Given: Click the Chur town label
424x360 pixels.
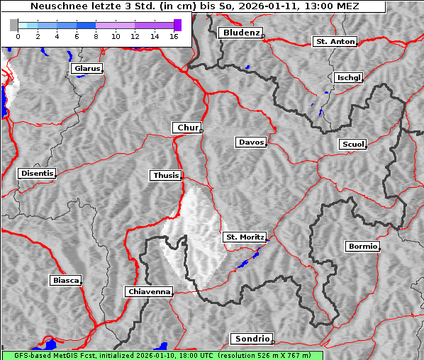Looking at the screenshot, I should (x=187, y=128).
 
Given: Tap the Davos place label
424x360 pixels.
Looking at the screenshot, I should (x=250, y=142).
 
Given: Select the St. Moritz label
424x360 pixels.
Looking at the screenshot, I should (x=244, y=237).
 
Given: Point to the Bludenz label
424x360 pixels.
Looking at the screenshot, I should (x=240, y=33).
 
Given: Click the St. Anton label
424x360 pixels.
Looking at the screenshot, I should (x=334, y=42).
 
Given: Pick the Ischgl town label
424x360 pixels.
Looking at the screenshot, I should (x=348, y=77).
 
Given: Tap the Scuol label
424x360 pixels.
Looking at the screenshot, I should (x=352, y=145).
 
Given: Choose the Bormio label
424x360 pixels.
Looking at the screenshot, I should (x=362, y=247).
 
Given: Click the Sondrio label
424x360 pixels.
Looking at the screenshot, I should (x=251, y=339).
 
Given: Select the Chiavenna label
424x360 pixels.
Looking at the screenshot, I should (x=148, y=291).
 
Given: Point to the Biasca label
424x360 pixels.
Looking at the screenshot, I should (x=65, y=281).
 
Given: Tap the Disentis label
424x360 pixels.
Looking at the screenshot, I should (x=36, y=173).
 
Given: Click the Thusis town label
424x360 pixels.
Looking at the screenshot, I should (x=166, y=175).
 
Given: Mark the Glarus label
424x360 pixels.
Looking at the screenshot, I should (x=86, y=69).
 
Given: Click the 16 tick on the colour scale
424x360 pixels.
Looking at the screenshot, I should (x=174, y=35).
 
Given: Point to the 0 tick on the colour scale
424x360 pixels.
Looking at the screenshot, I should (x=17, y=35).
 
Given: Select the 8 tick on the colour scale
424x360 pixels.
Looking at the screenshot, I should (x=96, y=35).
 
